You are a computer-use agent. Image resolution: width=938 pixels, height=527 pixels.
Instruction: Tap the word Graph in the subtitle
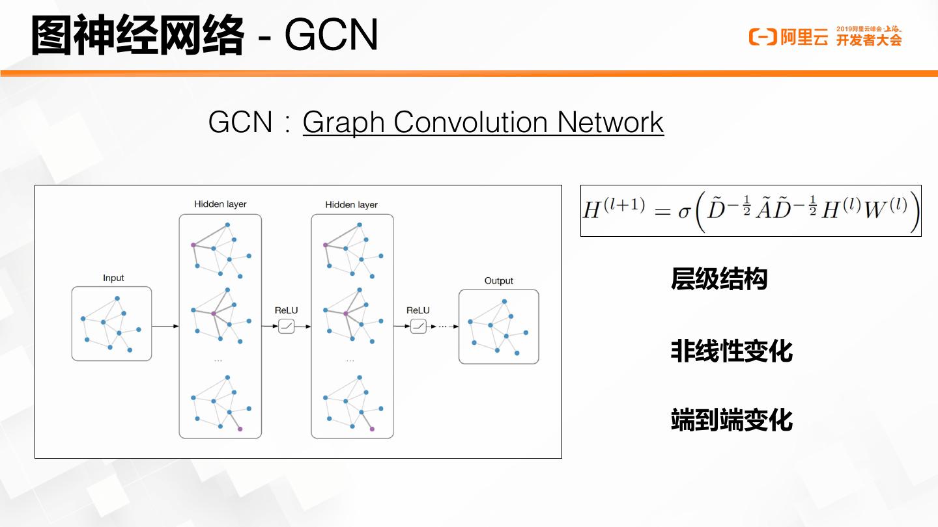pyautogui.click(x=343, y=122)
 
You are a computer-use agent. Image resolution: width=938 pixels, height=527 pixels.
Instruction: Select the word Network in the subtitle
pyautogui.click(x=610, y=122)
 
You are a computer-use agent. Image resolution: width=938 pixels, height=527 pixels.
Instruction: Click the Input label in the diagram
pyautogui.click(x=113, y=278)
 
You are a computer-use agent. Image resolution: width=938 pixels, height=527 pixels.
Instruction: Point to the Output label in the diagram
pyautogui.click(x=498, y=280)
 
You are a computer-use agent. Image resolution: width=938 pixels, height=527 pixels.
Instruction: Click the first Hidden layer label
pyautogui.click(x=220, y=204)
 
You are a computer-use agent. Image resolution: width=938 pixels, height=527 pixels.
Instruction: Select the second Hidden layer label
pyautogui.click(x=351, y=204)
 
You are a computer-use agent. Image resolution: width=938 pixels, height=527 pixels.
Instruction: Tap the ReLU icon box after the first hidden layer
pyautogui.click(x=287, y=326)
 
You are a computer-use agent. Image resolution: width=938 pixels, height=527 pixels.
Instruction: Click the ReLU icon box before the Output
pyautogui.click(x=418, y=326)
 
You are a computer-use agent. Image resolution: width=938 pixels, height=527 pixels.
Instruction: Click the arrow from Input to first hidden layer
pyautogui.click(x=165, y=325)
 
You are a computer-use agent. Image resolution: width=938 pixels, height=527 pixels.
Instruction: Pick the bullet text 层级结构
pyautogui.click(x=719, y=278)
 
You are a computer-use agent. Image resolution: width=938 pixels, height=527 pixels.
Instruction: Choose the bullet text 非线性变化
pyautogui.click(x=732, y=351)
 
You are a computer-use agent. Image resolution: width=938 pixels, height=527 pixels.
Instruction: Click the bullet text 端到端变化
pyautogui.click(x=732, y=420)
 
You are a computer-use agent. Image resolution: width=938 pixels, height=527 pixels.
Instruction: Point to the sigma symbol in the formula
pyautogui.click(x=683, y=211)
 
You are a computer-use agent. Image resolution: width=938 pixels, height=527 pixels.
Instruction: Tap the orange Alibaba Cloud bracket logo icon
pyautogui.click(x=762, y=37)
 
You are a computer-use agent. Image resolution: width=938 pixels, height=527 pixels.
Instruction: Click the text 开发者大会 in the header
pyautogui.click(x=869, y=40)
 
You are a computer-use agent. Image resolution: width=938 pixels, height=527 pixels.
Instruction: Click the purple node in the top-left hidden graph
pyautogui.click(x=193, y=245)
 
